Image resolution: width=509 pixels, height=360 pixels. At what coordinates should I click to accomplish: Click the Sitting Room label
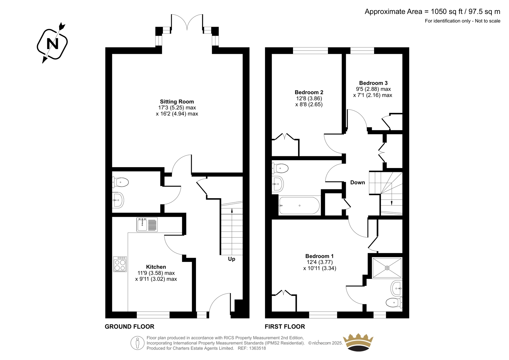(177, 102)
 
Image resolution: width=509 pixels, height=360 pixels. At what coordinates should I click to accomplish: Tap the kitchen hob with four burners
(120, 264)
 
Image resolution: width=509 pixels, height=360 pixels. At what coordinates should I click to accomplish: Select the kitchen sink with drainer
(147, 225)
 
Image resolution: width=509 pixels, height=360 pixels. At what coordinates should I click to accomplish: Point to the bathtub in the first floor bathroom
(299, 206)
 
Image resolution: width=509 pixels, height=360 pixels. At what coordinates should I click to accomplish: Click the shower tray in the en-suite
(387, 268)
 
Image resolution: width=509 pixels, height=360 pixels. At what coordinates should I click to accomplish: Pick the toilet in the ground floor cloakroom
(121, 182)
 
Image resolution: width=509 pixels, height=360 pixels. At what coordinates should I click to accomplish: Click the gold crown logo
(358, 342)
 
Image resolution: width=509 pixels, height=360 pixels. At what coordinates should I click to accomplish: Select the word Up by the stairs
(232, 259)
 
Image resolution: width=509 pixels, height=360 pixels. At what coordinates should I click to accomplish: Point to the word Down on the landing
(358, 182)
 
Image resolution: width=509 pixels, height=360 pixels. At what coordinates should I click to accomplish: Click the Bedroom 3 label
(373, 83)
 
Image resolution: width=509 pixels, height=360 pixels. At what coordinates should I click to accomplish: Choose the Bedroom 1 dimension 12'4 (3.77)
(319, 262)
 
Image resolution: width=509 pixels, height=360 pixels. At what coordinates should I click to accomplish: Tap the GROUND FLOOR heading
(129, 327)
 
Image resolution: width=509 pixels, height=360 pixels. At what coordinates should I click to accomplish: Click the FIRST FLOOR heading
(285, 327)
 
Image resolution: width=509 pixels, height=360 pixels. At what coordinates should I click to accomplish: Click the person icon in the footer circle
(137, 343)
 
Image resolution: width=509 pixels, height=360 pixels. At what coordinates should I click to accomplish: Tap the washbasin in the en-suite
(396, 288)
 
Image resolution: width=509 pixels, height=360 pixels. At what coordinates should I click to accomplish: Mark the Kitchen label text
(156, 267)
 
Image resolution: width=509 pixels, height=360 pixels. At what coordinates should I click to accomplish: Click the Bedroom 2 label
(309, 92)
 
